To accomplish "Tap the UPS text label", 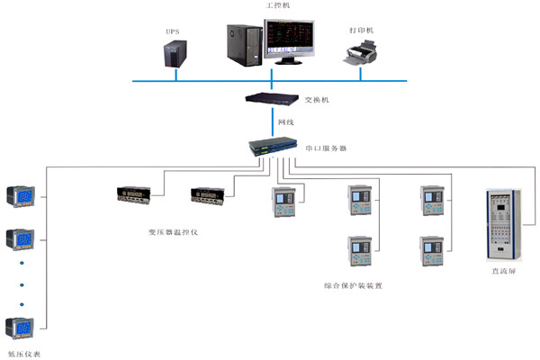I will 172,31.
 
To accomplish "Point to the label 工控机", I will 278,6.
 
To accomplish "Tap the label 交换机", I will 318,100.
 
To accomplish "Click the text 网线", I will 285,121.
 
